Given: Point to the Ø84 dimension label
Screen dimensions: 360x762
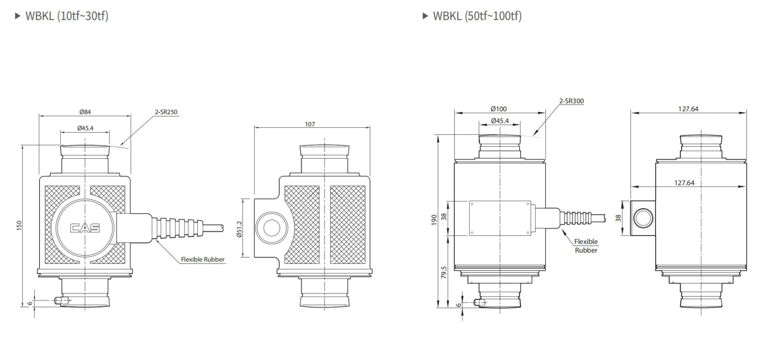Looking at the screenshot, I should point(85,112).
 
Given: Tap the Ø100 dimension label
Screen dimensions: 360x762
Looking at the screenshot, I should point(499,109).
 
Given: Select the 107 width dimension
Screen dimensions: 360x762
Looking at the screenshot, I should point(310,124).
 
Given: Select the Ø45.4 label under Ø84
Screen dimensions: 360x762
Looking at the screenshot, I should point(85,129).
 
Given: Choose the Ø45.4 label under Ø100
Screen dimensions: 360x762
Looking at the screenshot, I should point(499,121).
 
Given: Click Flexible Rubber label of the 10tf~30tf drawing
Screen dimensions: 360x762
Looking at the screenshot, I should point(202,259).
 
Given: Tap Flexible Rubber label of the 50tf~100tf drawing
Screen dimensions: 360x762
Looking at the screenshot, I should point(586,245).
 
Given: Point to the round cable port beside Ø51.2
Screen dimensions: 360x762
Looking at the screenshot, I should point(272,228).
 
